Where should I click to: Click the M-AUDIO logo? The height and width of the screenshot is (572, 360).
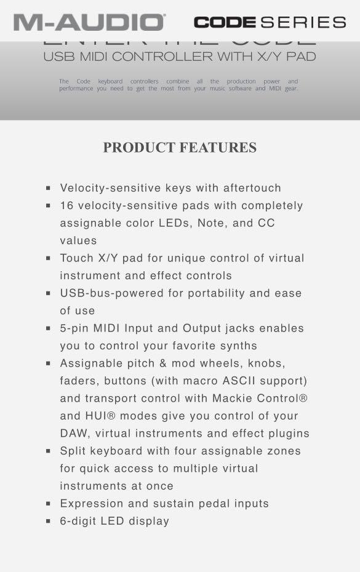click(x=89, y=22)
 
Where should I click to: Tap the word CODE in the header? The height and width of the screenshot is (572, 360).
click(x=225, y=23)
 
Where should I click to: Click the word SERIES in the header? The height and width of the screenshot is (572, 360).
click(x=303, y=23)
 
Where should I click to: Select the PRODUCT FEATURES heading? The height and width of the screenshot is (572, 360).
click(x=180, y=148)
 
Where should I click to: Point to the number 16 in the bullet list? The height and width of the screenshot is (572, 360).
click(x=66, y=205)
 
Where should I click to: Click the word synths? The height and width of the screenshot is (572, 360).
click(x=237, y=346)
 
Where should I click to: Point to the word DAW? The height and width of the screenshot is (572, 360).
click(x=74, y=434)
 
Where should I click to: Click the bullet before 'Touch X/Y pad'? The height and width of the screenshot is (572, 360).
click(x=48, y=259)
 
